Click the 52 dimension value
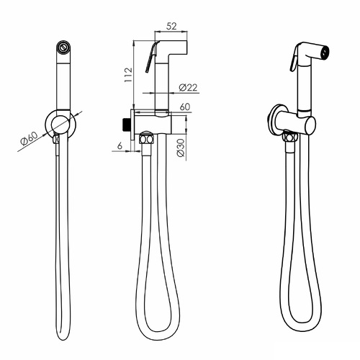[171, 26]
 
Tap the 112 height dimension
[128, 75]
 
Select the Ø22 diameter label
[188, 87]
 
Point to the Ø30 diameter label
[181, 148]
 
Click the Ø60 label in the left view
[29, 139]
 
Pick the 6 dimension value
[120, 145]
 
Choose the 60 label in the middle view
[185, 107]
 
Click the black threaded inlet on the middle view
[127, 125]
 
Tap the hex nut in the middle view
[146, 139]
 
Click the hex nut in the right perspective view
[290, 138]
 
